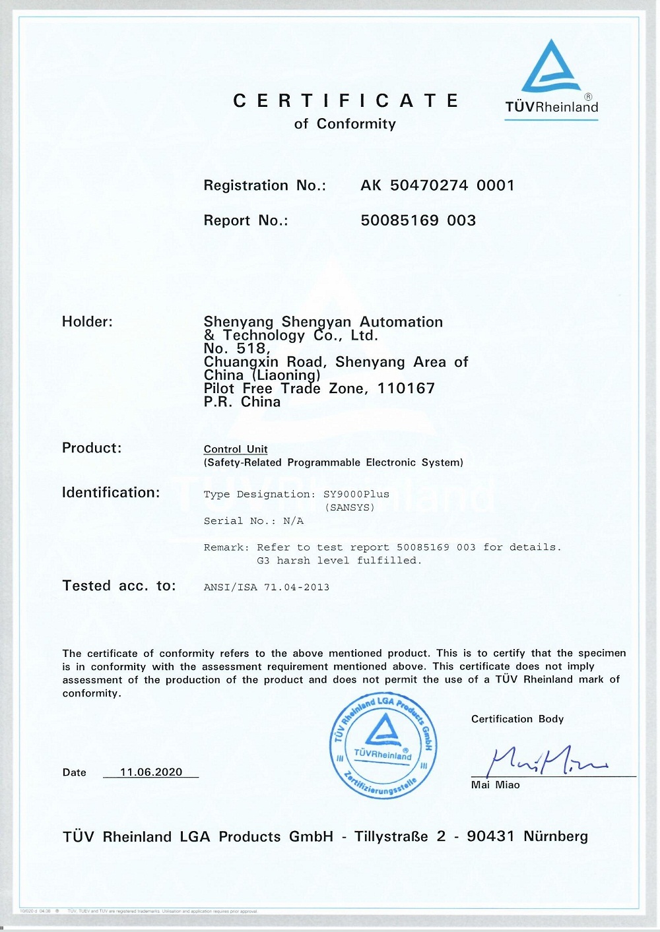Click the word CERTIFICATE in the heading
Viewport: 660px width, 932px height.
point(346,101)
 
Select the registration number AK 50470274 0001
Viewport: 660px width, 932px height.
point(437,185)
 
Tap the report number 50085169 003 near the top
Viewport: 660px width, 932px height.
point(418,220)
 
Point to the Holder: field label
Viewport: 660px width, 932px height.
point(87,322)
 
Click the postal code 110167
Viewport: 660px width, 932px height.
point(406,388)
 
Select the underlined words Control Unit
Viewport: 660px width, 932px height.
point(236,449)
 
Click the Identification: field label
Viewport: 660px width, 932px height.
point(111,493)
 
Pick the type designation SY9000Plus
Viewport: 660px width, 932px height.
point(356,494)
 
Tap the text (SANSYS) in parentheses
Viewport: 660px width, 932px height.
point(350,507)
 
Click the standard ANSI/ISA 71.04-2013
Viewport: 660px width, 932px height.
point(267,587)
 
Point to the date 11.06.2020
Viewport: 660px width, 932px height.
point(151,772)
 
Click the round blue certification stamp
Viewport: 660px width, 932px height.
point(383,747)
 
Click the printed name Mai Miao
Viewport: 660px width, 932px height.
point(495,785)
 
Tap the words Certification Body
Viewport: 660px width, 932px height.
point(517,719)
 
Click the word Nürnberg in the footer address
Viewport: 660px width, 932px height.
point(555,836)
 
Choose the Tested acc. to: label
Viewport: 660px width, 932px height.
point(119,586)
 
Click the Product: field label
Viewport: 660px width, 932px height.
point(92,448)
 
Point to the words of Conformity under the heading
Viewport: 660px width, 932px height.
point(345,124)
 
